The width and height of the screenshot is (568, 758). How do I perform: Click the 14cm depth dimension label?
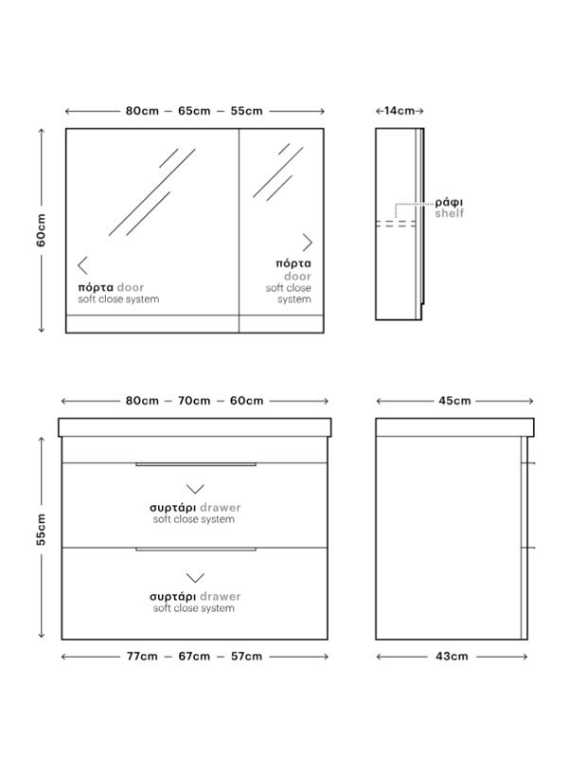399,111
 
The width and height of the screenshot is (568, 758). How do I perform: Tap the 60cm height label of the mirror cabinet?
41,230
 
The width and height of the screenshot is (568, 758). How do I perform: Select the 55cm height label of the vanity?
41,530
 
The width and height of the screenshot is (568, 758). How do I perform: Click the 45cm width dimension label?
454,401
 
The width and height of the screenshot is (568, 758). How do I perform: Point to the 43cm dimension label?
453,657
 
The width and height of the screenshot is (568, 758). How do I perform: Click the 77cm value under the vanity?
142,657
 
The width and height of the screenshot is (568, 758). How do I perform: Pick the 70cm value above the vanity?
194,401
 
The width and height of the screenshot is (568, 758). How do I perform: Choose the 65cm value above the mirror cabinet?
194,111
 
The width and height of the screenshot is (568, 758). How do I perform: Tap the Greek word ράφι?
449,203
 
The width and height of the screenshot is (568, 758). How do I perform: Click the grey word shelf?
449,213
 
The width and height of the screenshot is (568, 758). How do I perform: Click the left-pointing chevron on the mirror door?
82,265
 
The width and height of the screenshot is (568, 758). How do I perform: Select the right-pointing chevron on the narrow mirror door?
307,243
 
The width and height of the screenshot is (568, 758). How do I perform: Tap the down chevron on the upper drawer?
195,489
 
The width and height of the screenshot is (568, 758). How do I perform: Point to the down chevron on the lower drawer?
195,578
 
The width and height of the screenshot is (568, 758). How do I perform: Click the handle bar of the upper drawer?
196,464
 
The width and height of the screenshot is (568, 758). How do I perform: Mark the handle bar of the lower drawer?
196,550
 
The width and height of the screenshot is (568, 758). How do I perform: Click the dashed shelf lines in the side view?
396,224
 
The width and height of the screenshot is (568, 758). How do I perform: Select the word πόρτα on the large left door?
96,288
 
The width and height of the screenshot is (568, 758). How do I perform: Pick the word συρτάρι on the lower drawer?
172,597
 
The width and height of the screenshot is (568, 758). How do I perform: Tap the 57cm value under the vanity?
246,657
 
